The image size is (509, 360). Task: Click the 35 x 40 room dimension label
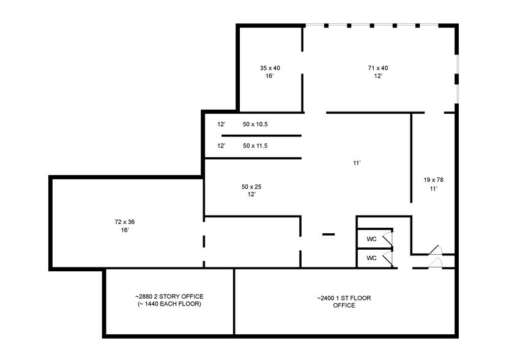pyautogui.click(x=270, y=68)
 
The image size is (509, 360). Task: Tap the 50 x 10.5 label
pyautogui.click(x=255, y=124)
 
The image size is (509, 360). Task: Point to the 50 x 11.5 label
pyautogui.click(x=255, y=146)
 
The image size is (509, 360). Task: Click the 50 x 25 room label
pyautogui.click(x=251, y=186)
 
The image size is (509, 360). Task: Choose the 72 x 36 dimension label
pyautogui.click(x=124, y=221)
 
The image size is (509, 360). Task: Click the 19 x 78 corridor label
pyautogui.click(x=433, y=180)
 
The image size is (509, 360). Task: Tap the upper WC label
pyautogui.click(x=371, y=239)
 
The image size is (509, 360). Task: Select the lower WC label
pyautogui.click(x=371, y=258)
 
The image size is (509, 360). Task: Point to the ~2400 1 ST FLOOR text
pyautogui.click(x=344, y=298)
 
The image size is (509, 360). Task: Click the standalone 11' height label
pyautogui.click(x=357, y=163)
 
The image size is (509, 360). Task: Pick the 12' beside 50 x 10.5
pyautogui.click(x=221, y=124)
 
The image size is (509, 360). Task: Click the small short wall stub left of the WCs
pyautogui.click(x=329, y=234)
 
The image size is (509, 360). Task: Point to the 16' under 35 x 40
pyautogui.click(x=269, y=77)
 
